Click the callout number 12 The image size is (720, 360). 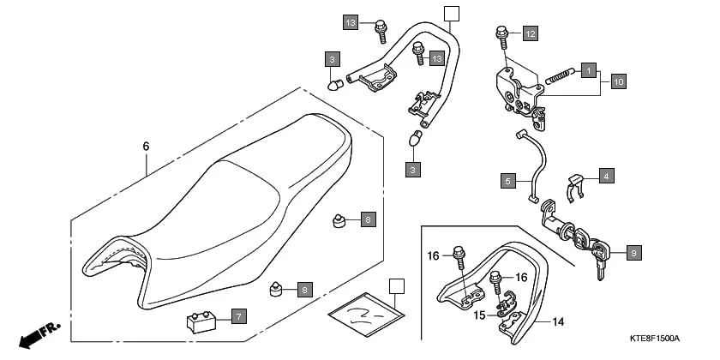coord(531,33)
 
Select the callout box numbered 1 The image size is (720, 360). coord(588,68)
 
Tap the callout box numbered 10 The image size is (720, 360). coord(618,81)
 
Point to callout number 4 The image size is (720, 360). coord(606,176)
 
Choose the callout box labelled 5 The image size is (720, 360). coord(508,181)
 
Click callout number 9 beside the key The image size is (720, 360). coord(633,253)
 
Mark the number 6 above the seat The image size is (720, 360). coord(146,147)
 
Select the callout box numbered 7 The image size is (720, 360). coord(238,316)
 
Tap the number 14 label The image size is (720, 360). coord(558,322)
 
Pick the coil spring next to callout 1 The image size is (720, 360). coord(559,75)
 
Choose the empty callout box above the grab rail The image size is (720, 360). coord(452,12)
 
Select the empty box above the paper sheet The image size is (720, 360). coord(395,286)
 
